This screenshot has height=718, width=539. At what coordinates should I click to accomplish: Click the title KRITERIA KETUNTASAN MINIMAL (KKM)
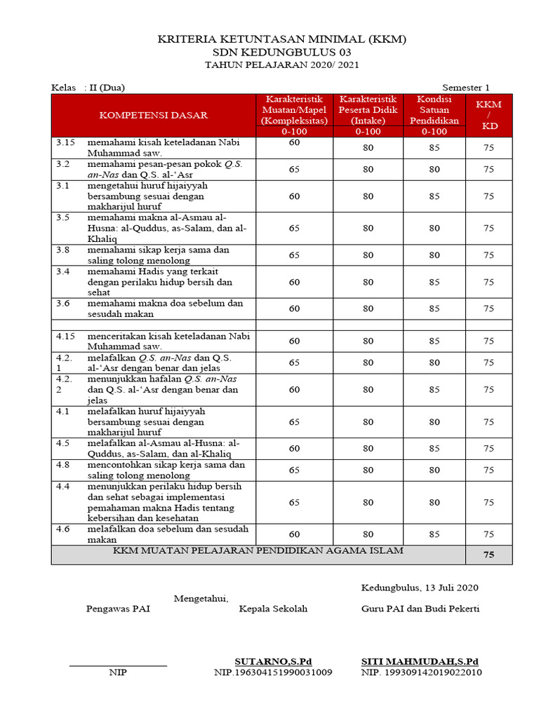coord(281,39)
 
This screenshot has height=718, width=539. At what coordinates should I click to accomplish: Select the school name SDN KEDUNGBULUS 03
coord(281,53)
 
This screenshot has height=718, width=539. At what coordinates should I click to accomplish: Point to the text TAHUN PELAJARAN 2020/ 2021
coord(281,65)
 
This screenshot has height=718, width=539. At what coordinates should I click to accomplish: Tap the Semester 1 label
coord(466,88)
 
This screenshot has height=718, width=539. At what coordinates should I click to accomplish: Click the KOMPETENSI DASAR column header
coord(153,115)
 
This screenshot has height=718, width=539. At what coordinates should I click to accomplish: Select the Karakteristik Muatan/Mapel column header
coord(294,115)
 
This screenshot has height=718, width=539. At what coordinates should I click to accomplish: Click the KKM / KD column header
coord(488,115)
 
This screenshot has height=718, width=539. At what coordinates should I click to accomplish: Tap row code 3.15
coord(65,142)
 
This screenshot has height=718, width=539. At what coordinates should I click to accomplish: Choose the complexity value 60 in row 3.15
coord(294,142)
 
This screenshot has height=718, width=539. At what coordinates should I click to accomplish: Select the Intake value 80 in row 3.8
coord(368,255)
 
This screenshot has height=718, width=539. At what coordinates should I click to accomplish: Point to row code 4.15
coord(65,336)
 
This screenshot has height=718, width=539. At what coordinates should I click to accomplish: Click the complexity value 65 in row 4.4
coord(294,502)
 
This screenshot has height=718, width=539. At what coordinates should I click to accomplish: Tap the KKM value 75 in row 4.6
coord(488,534)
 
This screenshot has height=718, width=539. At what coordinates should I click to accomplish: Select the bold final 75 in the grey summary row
coord(488,555)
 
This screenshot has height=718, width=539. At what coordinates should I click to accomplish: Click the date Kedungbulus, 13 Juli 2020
coord(420,588)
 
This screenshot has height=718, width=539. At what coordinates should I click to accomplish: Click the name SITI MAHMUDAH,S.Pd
coord(420,661)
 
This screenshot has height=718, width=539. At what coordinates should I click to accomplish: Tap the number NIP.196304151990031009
coord(273,672)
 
